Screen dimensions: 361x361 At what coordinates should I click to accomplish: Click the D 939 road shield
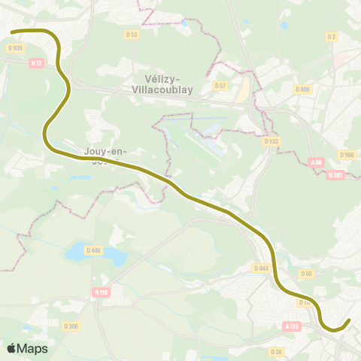14,48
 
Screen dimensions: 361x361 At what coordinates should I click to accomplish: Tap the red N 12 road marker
36,63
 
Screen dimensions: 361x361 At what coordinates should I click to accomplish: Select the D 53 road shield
132,35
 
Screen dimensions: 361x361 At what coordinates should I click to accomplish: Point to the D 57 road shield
220,85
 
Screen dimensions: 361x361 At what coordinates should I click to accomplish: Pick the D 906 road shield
303,89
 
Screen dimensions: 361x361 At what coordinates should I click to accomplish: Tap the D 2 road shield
331,36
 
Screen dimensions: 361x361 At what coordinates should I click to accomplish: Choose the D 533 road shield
272,141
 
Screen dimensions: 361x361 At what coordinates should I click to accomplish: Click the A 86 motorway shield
316,161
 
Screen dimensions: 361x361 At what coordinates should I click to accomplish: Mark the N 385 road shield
335,174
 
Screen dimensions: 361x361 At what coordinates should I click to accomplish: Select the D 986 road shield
347,155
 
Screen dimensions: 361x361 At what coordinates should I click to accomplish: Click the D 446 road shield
93,250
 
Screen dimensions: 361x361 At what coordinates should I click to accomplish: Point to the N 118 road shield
102,292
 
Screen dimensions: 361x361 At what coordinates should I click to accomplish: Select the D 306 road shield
71,326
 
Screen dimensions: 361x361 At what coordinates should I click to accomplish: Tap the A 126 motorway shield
292,326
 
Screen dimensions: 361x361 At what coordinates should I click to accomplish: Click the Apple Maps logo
27,348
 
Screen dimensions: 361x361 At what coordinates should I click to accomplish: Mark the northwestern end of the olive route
14,32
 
